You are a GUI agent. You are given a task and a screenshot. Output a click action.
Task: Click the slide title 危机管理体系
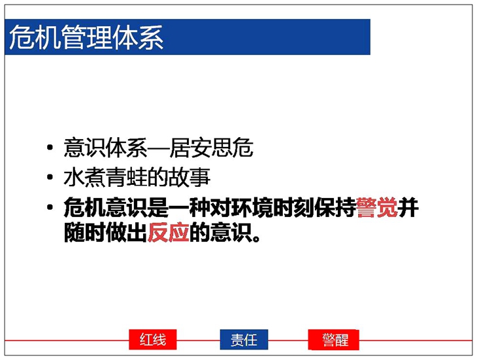coord(86,37)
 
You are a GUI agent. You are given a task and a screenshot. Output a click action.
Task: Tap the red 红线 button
coord(153,339)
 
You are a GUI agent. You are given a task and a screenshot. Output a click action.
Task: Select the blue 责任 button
coord(244,339)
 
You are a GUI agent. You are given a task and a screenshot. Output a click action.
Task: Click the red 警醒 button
coord(334,339)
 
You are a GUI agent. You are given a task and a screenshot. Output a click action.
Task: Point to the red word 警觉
coord(377,207)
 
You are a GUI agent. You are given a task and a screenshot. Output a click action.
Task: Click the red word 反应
coord(168,233)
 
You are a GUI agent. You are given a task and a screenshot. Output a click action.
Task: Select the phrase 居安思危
coord(211,148)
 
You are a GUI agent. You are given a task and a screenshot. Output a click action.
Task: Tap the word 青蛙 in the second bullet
coord(127,177)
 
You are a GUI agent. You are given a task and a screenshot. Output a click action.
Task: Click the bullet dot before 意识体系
coord(50,148)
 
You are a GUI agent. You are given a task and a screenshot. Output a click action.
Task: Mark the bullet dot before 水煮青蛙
coord(50,177)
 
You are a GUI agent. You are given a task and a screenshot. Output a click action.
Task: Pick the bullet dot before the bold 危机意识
coord(50,207)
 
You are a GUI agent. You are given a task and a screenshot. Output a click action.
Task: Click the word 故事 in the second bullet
coord(189,177)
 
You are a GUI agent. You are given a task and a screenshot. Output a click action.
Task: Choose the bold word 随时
coord(84,233)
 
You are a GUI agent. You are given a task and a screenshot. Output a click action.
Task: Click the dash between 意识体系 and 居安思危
coord(158,149)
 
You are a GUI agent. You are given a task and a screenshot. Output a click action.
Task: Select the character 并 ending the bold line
coord(408,207)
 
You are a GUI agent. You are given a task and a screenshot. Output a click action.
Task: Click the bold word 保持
coord(335,207)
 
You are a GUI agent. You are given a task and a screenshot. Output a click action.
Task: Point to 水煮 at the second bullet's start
coord(84,177)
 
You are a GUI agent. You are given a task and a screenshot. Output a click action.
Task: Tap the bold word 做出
coord(127,233)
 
